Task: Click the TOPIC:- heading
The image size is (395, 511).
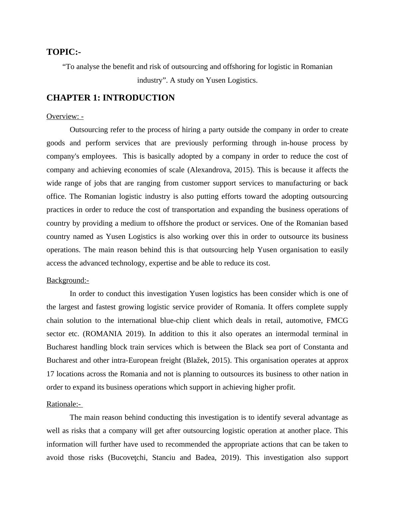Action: pos(64,52)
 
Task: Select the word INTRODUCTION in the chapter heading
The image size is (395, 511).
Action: pos(138,98)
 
